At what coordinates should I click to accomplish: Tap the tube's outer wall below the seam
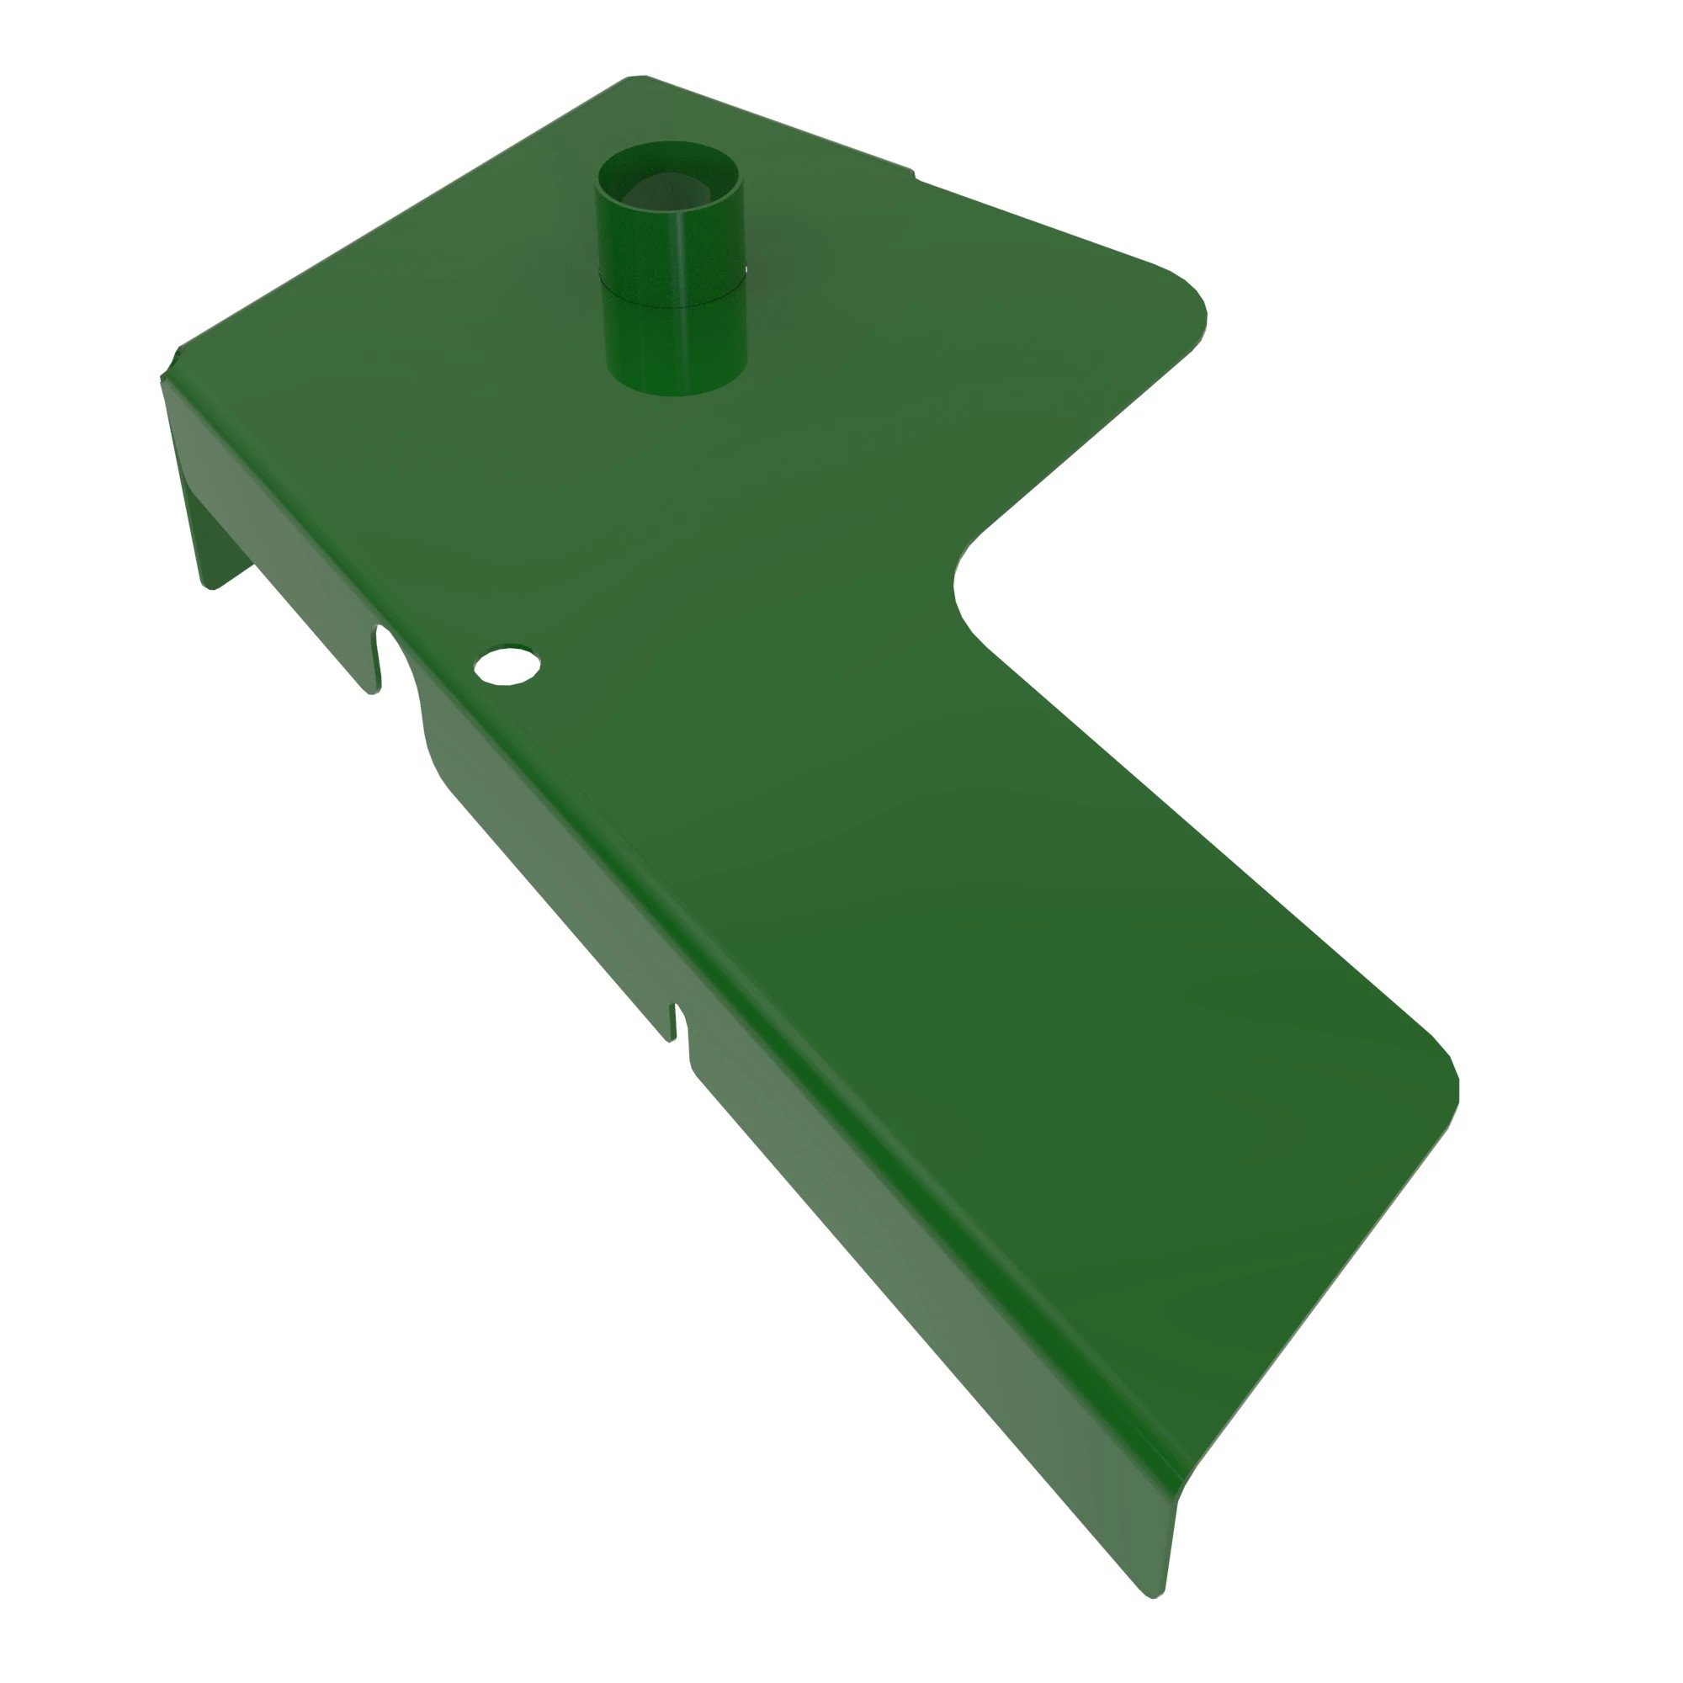(676, 348)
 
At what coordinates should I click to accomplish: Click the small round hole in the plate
(507, 666)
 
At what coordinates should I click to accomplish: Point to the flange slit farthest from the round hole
(672, 1022)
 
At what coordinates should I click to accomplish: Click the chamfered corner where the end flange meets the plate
(170, 364)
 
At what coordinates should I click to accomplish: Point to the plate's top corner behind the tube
(636, 80)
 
